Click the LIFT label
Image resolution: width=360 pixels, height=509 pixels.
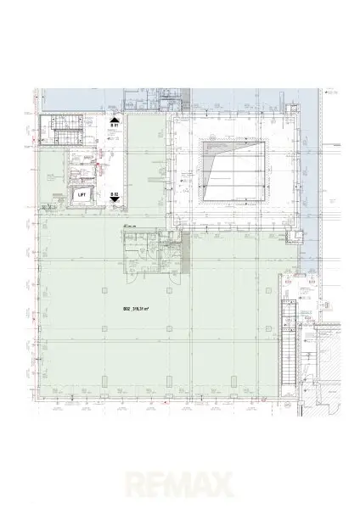coord(82,194)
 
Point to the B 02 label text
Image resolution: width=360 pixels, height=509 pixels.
coord(115,194)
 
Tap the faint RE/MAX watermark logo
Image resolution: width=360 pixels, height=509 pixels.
coord(180,486)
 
